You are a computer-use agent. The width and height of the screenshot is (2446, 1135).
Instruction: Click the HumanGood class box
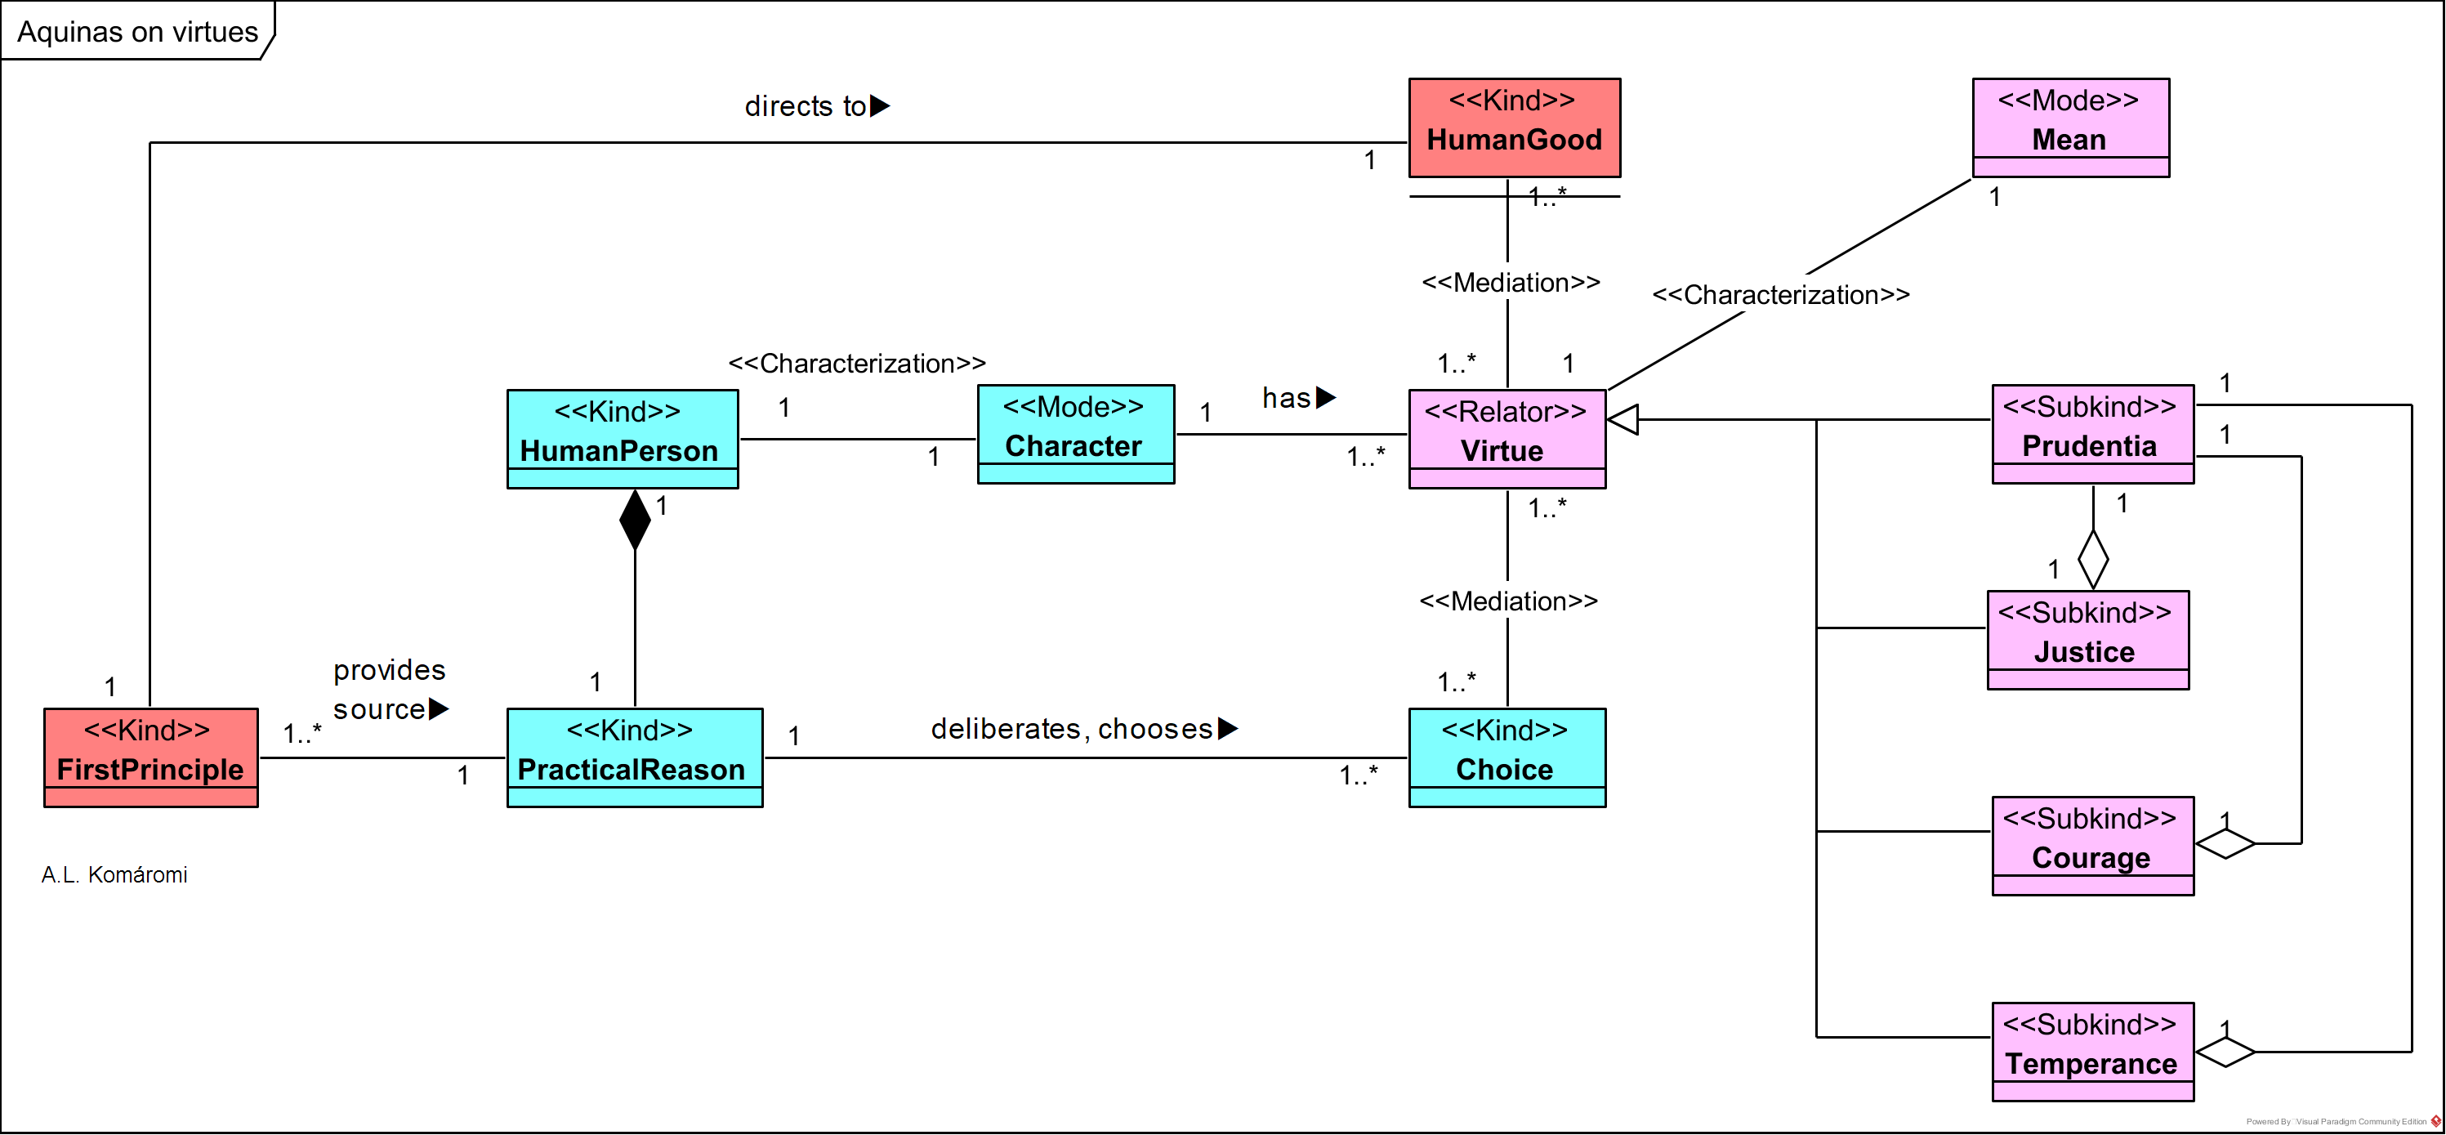tap(1514, 127)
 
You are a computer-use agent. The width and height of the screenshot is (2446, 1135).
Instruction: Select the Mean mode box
tap(2070, 127)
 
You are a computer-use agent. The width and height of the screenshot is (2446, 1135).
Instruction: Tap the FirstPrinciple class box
tap(151, 757)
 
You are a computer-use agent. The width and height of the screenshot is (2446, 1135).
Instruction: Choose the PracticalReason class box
tap(634, 757)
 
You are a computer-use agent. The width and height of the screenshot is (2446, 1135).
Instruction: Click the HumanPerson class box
tap(622, 438)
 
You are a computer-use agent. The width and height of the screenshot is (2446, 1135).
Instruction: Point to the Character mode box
tap(1075, 434)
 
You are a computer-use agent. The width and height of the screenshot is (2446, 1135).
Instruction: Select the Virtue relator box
tap(1507, 438)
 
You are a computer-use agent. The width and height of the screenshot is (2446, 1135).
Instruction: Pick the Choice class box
tap(1507, 757)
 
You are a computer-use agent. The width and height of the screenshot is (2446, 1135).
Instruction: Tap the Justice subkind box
tap(2087, 639)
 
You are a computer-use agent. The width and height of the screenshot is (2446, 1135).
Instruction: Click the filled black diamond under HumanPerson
tap(634, 520)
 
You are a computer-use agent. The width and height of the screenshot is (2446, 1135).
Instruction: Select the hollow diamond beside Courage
tap(2225, 842)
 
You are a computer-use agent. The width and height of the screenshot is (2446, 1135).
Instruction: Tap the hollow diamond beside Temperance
tap(2225, 1052)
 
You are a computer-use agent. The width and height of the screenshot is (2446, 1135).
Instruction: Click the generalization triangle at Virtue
tap(1623, 419)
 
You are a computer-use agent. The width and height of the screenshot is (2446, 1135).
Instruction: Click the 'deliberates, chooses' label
tap(1083, 729)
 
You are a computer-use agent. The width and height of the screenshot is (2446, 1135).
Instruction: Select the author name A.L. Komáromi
tap(114, 875)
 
